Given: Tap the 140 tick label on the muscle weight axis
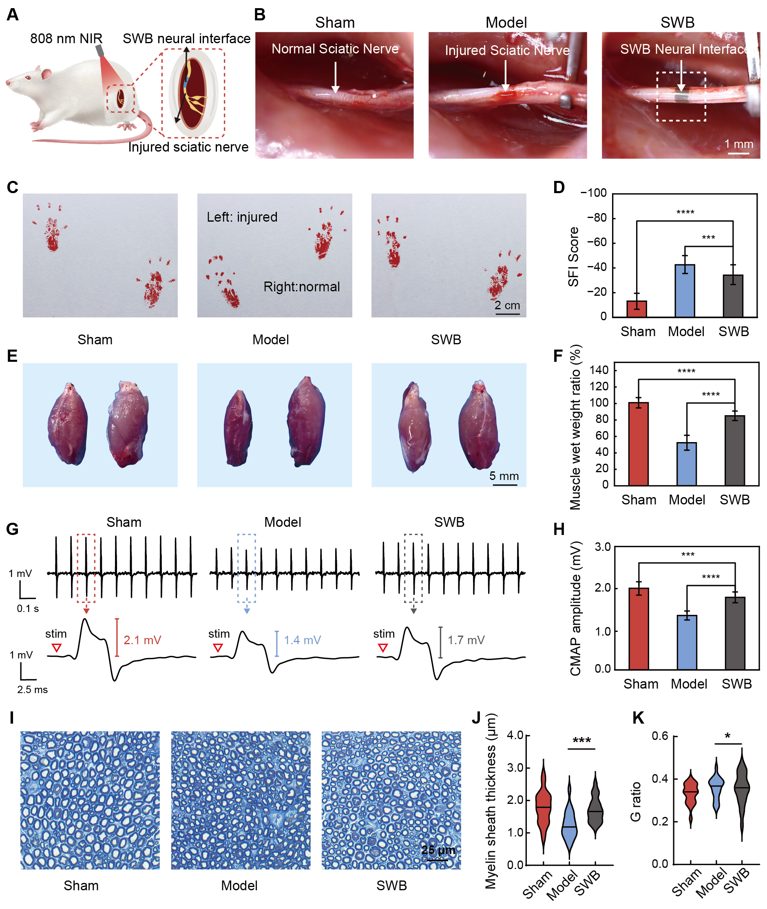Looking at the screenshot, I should tap(599, 370).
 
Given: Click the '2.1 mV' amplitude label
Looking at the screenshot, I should tap(142, 640).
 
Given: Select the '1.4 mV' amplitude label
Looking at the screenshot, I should tap(302, 640).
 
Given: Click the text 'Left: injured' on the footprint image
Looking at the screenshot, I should tap(242, 217).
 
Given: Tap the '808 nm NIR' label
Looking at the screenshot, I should tap(66, 39).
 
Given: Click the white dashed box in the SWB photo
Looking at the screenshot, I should tap(681, 97).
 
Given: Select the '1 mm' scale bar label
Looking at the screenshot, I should tap(738, 144).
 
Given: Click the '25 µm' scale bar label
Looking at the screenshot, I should tap(438, 850).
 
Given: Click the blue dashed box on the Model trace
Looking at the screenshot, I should tap(247, 568).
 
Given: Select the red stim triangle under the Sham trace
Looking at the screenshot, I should tap(57, 648).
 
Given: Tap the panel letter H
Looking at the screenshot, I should tap(559, 529).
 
